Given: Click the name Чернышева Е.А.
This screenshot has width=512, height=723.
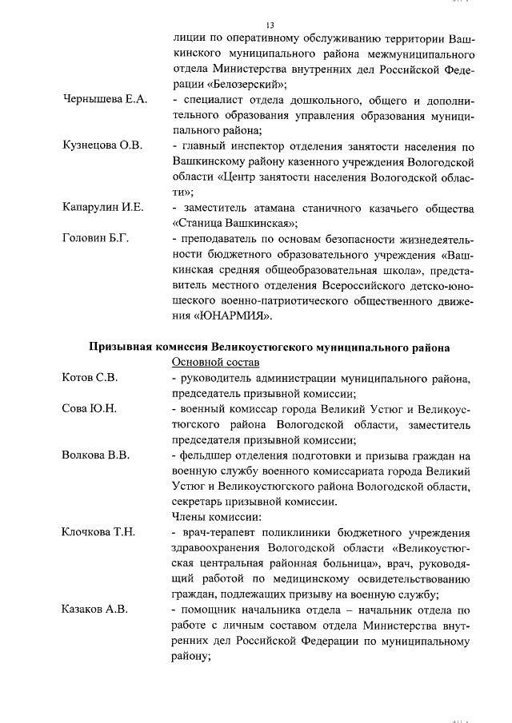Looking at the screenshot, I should (104, 100).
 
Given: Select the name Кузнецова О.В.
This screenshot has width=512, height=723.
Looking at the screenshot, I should (102, 146).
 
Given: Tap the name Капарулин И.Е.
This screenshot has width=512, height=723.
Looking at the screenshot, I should (103, 208).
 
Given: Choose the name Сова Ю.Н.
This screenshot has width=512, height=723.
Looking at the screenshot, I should (90, 408).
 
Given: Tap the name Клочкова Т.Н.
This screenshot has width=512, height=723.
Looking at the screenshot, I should (99, 532).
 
